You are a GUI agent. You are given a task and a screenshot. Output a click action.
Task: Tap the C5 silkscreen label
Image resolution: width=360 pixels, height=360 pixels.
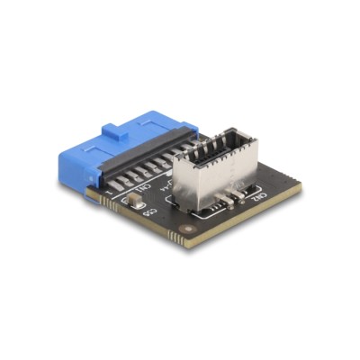pyautogui.click(x=149, y=213)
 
